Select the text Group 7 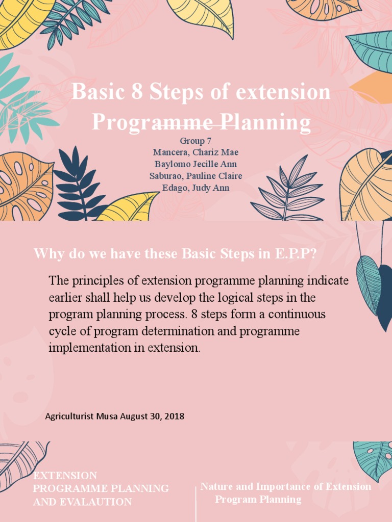[195, 141]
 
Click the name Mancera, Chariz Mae [195, 152]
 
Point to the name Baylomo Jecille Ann [195, 164]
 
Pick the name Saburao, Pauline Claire [195, 176]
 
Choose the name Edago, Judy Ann [195, 188]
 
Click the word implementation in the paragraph [87, 348]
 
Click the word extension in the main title [283, 92]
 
